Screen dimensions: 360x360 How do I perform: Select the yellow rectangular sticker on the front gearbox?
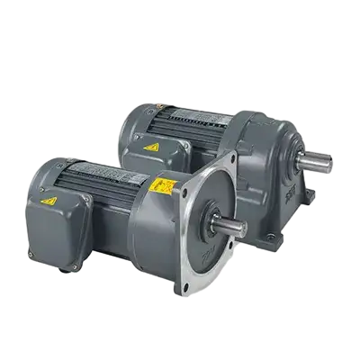pos(163,186)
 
